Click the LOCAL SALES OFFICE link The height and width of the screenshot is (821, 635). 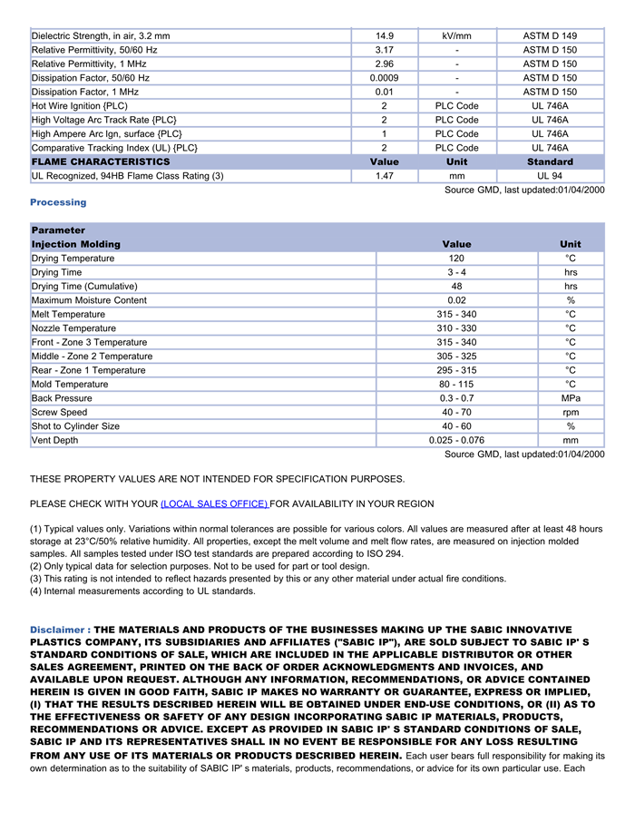(x=214, y=503)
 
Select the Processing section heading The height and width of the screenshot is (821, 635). (x=58, y=202)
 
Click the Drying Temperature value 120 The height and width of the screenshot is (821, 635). (x=456, y=259)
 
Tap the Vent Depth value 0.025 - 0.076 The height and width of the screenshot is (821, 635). (x=456, y=441)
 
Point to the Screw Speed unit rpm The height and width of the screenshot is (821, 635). (x=571, y=413)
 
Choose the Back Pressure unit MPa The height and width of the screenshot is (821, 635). (x=571, y=398)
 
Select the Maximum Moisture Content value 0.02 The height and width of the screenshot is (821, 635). (x=456, y=300)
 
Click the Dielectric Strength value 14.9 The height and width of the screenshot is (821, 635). (x=384, y=36)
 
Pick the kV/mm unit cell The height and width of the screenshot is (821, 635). (x=456, y=36)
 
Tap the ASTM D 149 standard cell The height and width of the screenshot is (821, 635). (x=550, y=36)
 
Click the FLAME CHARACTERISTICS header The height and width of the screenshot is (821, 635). (x=101, y=161)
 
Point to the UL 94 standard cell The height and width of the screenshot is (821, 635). (x=550, y=176)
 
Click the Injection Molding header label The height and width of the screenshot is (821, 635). (x=76, y=244)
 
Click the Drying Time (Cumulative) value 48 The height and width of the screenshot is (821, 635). (x=456, y=287)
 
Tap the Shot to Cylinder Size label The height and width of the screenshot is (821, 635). (x=75, y=426)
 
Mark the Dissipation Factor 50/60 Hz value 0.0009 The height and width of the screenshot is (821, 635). (x=384, y=78)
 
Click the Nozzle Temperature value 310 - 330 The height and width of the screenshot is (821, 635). (x=456, y=328)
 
